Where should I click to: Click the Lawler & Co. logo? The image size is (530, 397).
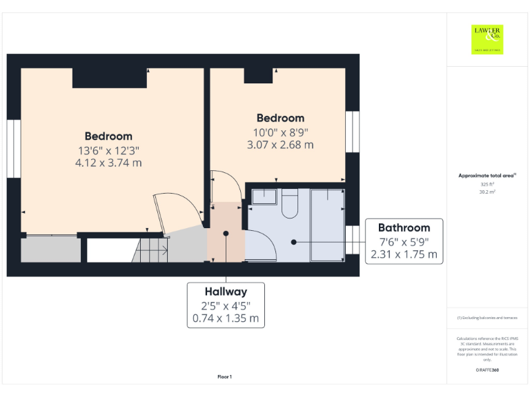coord(487,39)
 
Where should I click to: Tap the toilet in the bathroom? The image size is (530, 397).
coord(290,203)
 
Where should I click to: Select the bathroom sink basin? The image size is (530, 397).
coord(262,196)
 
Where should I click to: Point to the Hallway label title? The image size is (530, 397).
coord(225,291)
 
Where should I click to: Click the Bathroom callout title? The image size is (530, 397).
coord(404,227)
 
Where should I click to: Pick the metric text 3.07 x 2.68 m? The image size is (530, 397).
coord(280,145)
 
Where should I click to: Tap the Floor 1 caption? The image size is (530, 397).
coord(224,376)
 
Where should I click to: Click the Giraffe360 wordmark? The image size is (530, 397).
coord(487,371)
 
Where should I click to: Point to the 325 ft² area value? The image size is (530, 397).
coord(487,185)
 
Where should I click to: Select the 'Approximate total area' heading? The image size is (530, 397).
coord(487,176)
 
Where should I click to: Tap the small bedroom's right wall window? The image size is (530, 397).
coord(353,131)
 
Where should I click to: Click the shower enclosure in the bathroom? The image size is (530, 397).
coord(327,224)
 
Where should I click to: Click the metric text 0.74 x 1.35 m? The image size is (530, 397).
coord(225,318)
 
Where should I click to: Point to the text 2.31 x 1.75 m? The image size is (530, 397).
coord(404,254)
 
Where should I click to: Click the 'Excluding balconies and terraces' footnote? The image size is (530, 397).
coord(487,318)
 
